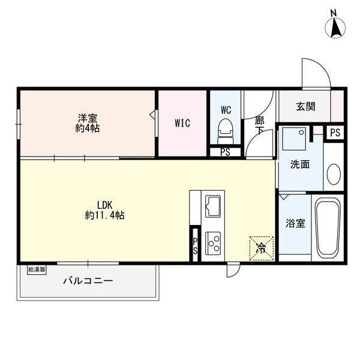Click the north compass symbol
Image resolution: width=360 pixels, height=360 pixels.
(335, 25)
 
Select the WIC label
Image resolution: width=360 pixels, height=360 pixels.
(182, 124)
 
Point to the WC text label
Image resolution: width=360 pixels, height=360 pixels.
(226, 110)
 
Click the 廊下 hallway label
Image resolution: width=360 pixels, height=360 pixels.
(259, 125)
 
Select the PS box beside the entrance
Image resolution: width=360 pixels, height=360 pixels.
(335, 133)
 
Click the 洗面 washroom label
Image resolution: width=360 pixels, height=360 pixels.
(300, 164)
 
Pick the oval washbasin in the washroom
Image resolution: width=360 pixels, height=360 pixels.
(333, 174)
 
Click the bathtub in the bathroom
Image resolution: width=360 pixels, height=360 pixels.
(328, 228)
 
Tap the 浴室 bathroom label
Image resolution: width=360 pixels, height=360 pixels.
(295, 224)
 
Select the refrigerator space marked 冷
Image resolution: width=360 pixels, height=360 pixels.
(262, 247)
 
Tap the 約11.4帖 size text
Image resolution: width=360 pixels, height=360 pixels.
(105, 215)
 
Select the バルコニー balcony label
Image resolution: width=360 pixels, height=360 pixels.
(88, 280)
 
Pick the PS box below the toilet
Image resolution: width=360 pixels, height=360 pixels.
(225, 152)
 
